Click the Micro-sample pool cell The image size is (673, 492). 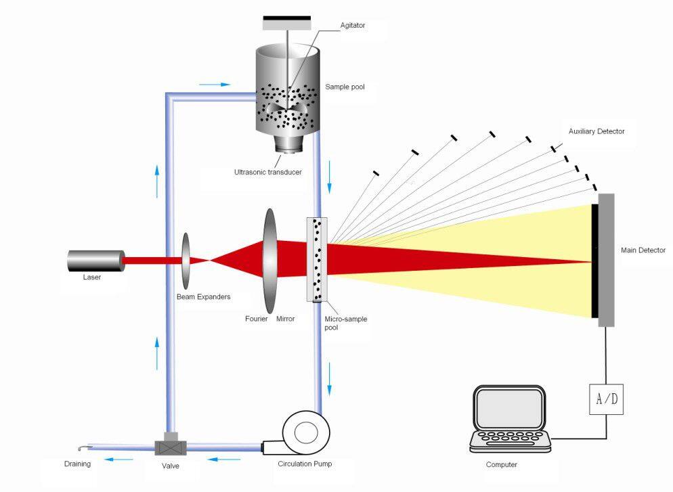[317, 260]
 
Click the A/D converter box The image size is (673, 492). [605, 399]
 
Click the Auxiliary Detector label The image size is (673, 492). [596, 131]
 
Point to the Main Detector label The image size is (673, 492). [643, 250]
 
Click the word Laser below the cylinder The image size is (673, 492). [92, 277]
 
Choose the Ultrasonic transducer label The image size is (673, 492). [267, 172]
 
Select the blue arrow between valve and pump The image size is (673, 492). [222, 459]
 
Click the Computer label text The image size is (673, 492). [501, 465]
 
